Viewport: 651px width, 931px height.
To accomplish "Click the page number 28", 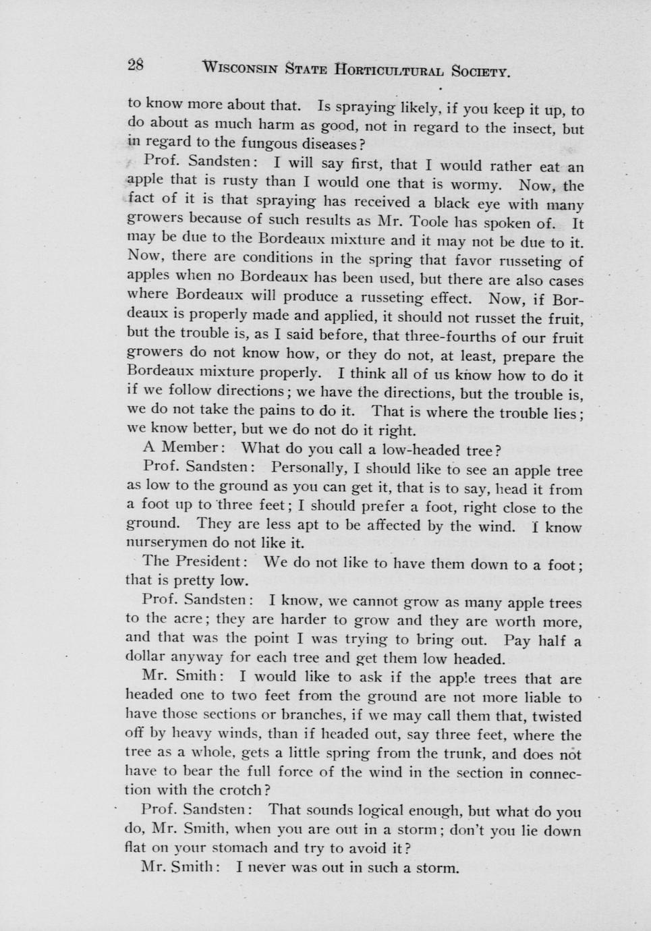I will [x=135, y=65].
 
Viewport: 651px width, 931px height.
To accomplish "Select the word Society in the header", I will [x=480, y=71].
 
